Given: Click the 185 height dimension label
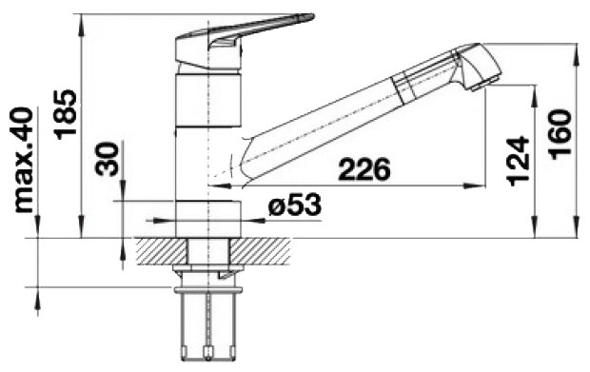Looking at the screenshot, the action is pos(66,114).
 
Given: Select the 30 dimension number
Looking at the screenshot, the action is pos(107,159).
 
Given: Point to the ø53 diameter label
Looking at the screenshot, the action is pos(295,205).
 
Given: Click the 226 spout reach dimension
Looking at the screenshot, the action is pos(364,169).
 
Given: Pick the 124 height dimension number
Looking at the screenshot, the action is pos(518,162).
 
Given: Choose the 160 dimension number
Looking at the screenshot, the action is pos(560,134).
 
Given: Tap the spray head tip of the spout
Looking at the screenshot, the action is pos(480,68).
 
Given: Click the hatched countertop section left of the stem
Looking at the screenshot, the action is pos(161,250).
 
